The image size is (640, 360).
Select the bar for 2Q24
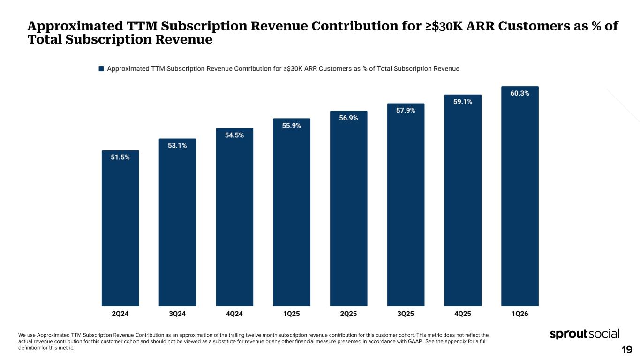[x=120, y=228]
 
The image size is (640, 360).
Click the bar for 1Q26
[x=520, y=196]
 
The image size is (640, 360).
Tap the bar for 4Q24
[x=234, y=217]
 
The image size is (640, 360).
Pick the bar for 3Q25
[x=406, y=204]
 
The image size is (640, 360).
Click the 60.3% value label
[x=520, y=93]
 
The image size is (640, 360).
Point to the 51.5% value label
[x=120, y=157]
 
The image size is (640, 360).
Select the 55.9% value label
[x=292, y=126]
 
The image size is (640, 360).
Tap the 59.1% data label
[x=463, y=102]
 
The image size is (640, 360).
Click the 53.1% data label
[x=177, y=146]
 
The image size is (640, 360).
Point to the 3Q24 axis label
[x=177, y=314]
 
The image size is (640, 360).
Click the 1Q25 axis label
[x=292, y=314]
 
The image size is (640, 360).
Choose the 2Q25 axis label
[x=348, y=314]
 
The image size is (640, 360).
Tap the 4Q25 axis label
[x=463, y=314]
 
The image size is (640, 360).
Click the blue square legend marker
[x=101, y=68]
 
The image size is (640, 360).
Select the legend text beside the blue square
[x=283, y=69]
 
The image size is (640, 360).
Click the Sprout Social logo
[x=585, y=334]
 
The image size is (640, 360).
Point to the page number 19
[x=627, y=349]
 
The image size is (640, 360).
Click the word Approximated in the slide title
[x=75, y=26]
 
